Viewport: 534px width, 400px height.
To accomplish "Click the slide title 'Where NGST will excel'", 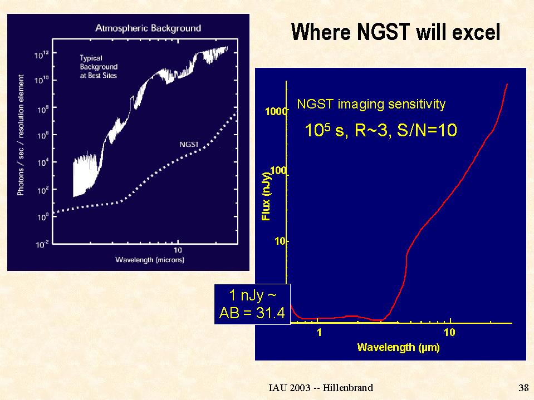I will [x=395, y=32].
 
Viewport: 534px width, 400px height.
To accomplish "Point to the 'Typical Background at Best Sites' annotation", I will [x=99, y=66].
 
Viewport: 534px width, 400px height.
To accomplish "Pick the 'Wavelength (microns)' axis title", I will [x=149, y=260].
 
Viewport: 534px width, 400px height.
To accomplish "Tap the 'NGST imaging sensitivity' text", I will [x=371, y=103].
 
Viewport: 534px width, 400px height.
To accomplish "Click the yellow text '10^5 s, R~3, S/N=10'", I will [x=381, y=131].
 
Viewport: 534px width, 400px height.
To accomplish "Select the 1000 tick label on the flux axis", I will [x=276, y=111].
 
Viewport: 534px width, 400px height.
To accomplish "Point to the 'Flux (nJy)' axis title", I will [x=266, y=196].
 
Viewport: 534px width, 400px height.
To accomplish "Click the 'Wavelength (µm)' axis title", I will [x=398, y=348].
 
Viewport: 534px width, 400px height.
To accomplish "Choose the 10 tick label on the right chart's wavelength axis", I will [x=449, y=333].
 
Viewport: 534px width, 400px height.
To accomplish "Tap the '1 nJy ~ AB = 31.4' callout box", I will [x=252, y=304].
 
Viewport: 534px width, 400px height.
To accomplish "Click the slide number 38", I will [x=523, y=388].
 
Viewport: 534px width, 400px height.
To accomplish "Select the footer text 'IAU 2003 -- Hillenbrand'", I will [x=320, y=388].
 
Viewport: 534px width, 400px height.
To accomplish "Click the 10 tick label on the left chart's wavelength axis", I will [x=178, y=250].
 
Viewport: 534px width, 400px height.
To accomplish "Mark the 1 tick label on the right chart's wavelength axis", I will [x=320, y=333].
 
